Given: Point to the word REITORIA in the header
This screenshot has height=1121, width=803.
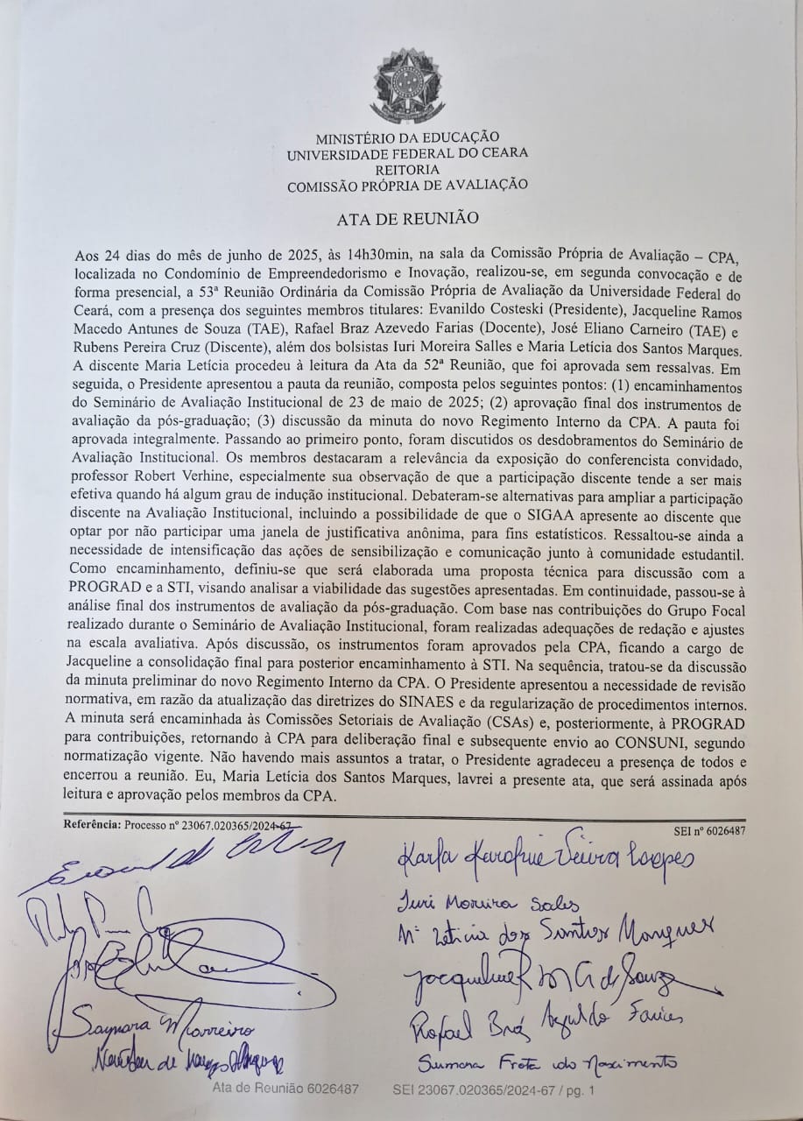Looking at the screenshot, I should pyautogui.click(x=407, y=168).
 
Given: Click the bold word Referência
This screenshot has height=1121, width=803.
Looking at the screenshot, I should pyautogui.click(x=92, y=825).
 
